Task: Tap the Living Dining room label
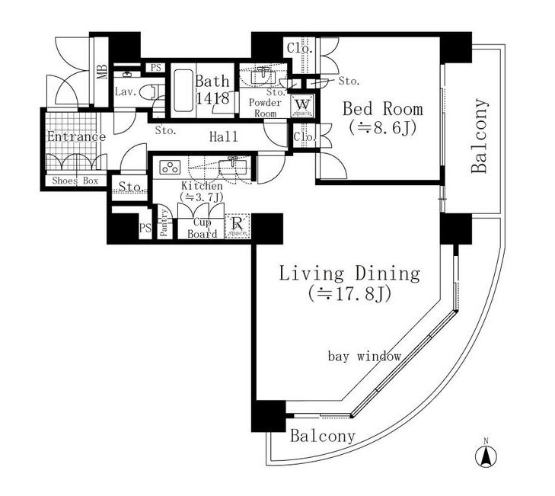349,274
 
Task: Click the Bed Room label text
381,107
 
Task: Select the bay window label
364,356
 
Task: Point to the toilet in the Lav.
154,92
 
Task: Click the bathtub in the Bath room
181,91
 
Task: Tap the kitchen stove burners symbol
169,168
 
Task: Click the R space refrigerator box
238,226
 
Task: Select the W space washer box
301,105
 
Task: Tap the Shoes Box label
75,181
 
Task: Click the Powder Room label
264,107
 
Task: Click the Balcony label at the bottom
323,437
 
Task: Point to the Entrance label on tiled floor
75,137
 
